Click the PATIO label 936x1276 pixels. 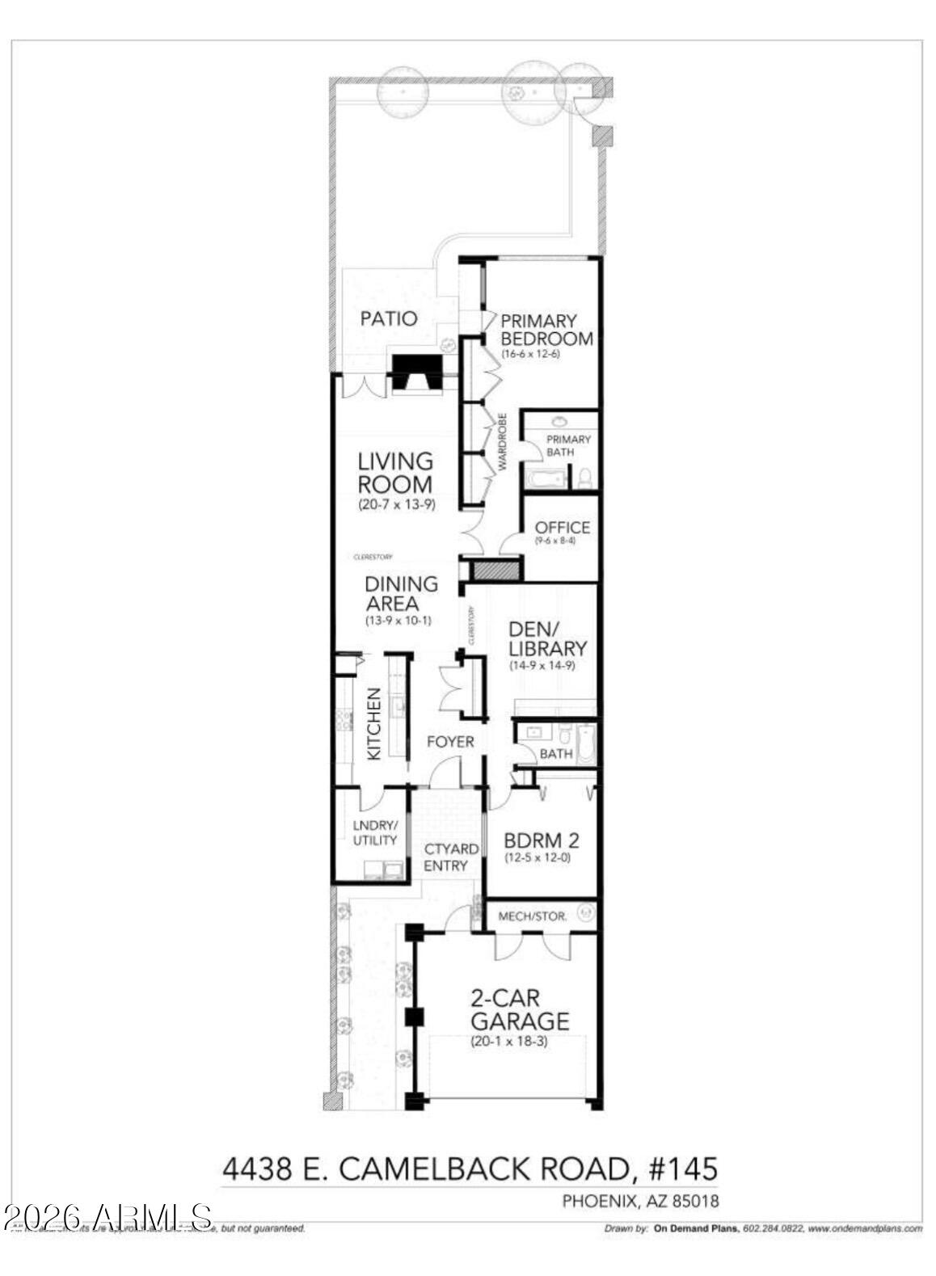[389, 318]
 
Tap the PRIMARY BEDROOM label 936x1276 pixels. [546, 330]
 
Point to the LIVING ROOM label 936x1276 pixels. [395, 473]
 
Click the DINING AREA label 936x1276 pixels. [401, 593]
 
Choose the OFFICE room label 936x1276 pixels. [562, 528]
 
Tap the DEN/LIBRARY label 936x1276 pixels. [547, 638]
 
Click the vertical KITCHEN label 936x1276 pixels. [374, 723]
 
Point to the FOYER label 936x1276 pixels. [450, 741]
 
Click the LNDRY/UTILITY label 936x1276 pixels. [375, 833]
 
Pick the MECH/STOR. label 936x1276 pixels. [532, 916]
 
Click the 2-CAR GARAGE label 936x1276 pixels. [520, 1009]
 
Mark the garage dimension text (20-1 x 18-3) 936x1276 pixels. [509, 1042]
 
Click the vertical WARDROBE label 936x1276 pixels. [501, 443]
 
